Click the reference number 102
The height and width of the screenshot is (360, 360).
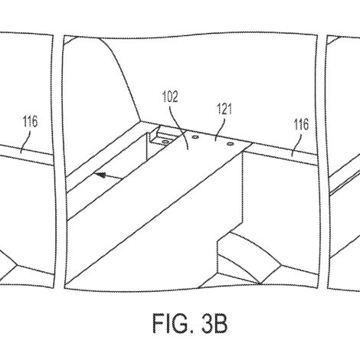point(170,97)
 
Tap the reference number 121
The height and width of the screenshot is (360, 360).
point(224,109)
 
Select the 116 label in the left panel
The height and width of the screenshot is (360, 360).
point(31,122)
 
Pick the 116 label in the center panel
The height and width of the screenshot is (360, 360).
point(301,125)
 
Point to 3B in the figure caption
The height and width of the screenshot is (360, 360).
point(214,323)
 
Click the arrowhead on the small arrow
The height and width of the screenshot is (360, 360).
point(100,175)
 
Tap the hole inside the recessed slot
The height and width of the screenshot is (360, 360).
point(165,141)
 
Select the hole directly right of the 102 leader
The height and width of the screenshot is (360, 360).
point(195,137)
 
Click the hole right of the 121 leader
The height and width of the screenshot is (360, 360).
point(230,144)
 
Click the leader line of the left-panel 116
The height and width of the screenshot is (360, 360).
point(26,142)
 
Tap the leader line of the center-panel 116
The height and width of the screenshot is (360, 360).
point(296,145)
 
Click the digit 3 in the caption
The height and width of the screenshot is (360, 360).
point(208,323)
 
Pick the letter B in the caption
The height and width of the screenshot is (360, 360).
point(221,323)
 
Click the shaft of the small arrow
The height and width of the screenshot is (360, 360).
point(113,177)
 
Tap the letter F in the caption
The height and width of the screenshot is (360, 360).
point(159,323)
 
